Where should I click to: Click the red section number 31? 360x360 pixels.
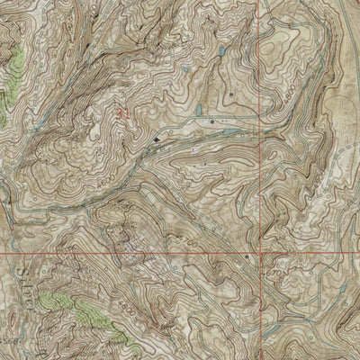[x=122, y=112]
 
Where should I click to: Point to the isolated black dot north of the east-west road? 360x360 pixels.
[x=231, y=93]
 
